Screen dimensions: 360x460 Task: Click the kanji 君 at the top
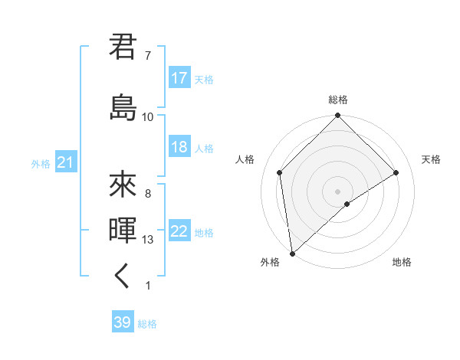click(x=123, y=47)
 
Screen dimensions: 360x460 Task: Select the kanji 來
click(x=123, y=184)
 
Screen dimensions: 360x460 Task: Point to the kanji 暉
click(x=123, y=231)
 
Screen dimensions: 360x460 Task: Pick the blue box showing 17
click(x=179, y=78)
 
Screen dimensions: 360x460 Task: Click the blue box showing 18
click(x=179, y=148)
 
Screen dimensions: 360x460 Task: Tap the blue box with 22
click(x=179, y=232)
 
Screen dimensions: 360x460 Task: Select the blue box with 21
click(x=65, y=162)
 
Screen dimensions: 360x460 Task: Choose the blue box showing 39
click(x=123, y=322)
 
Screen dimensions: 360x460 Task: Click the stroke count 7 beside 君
click(x=148, y=56)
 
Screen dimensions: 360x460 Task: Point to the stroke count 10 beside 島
click(x=148, y=116)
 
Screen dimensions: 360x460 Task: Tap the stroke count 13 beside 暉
click(x=148, y=240)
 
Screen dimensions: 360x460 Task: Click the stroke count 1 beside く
click(x=148, y=286)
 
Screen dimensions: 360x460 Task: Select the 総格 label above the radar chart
click(x=338, y=100)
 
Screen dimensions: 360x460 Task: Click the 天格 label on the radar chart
click(x=432, y=159)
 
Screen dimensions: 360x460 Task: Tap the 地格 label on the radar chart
click(x=402, y=262)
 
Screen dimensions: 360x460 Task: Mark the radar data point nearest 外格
click(x=291, y=254)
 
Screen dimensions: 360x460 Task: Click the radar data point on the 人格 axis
click(x=280, y=172)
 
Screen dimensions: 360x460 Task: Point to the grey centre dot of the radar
click(x=338, y=191)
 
